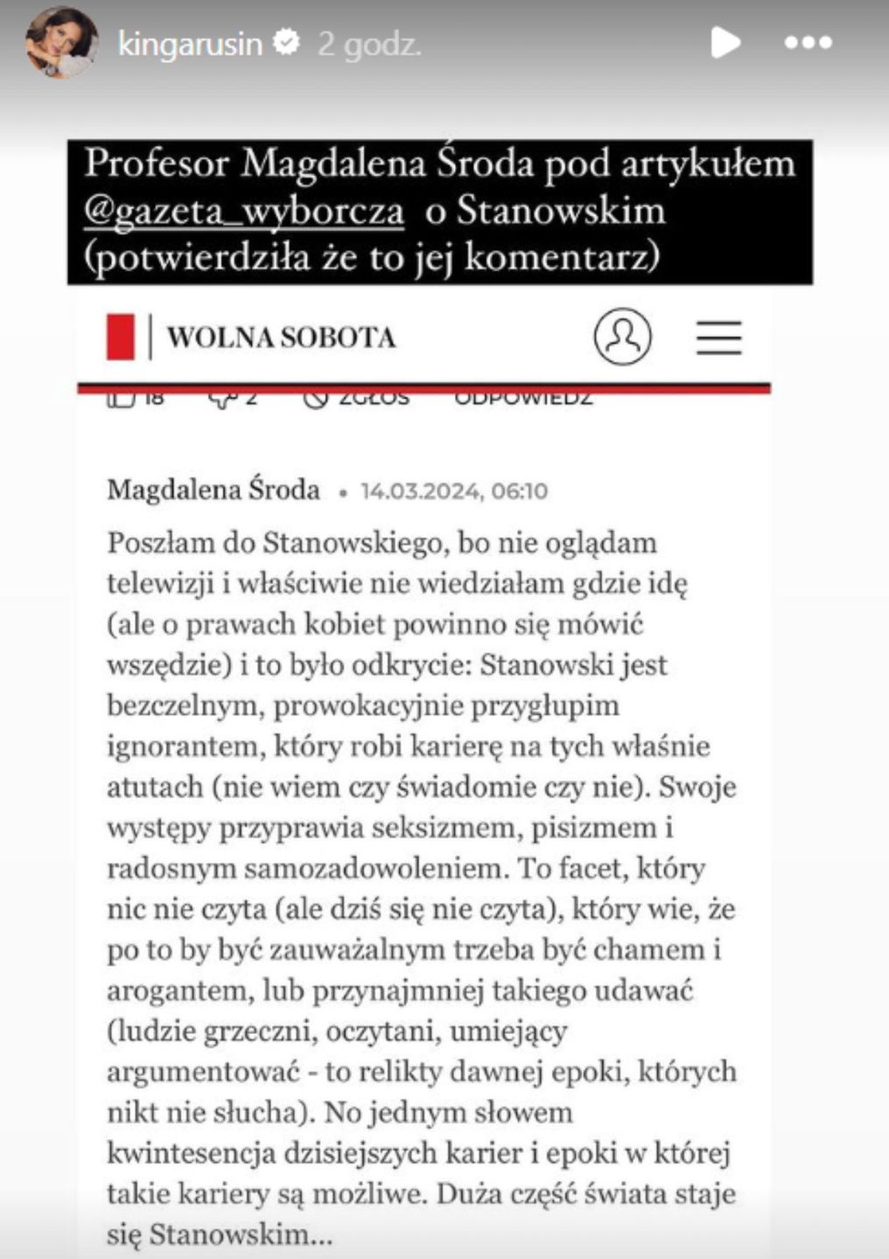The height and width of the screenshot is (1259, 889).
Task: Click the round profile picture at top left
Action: coord(59,42)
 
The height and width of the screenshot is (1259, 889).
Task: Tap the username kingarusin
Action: coord(190,43)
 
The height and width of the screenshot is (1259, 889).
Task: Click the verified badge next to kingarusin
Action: coord(287,42)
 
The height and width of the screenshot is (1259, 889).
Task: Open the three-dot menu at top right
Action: coord(807,43)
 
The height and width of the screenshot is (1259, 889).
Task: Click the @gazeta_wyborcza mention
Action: coord(244,212)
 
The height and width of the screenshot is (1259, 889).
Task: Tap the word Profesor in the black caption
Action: coord(157,164)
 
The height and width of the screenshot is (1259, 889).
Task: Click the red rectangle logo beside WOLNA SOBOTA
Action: coord(121,337)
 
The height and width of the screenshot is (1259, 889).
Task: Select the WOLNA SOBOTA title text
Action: coord(281,338)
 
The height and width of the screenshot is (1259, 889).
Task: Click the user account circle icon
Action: coord(622,336)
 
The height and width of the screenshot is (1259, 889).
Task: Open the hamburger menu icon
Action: coord(718,337)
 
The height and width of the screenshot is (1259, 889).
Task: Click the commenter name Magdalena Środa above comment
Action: coord(213,490)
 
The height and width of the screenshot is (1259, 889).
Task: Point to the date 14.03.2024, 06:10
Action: coord(454,491)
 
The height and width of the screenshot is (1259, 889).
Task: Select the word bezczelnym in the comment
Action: coord(182,705)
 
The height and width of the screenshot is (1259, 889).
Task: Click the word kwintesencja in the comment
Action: coord(191,1153)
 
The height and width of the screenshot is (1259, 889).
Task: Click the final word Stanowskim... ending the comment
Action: coord(241,1235)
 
